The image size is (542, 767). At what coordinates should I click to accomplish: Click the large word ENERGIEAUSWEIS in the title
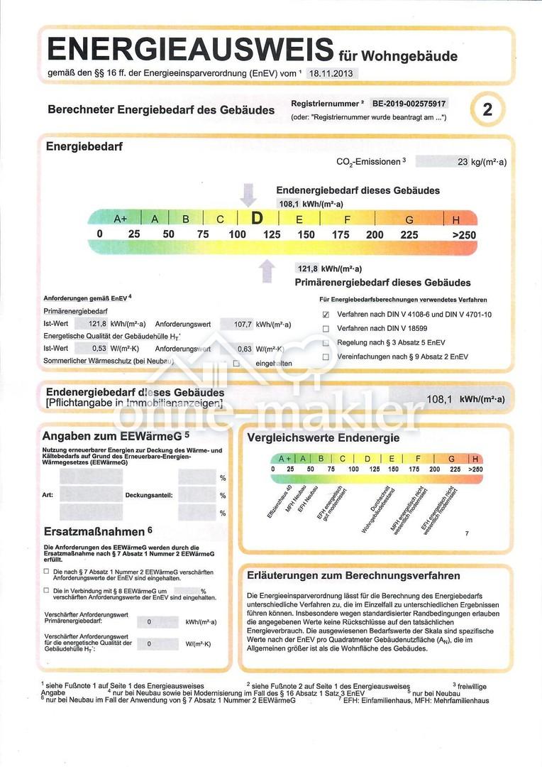[x=189, y=50]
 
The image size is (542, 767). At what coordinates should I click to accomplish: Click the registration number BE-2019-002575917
[x=410, y=103]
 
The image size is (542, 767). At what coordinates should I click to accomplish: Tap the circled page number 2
[x=487, y=110]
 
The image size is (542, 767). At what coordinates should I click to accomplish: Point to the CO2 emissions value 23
[x=463, y=162]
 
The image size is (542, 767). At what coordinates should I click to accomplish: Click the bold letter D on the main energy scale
[x=258, y=219]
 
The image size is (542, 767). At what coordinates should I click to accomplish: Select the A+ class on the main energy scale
[x=120, y=219]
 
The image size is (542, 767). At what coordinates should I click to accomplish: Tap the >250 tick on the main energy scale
[x=464, y=235]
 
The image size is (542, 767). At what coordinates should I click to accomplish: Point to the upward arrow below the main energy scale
[x=267, y=271]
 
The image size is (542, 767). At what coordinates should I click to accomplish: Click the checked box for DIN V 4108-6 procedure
[x=326, y=314]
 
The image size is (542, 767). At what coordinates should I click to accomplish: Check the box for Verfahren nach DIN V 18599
[x=326, y=329]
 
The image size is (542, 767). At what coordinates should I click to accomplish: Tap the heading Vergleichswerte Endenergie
[x=323, y=438]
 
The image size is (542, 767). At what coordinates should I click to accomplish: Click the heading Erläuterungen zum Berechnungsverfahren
[x=353, y=575]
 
